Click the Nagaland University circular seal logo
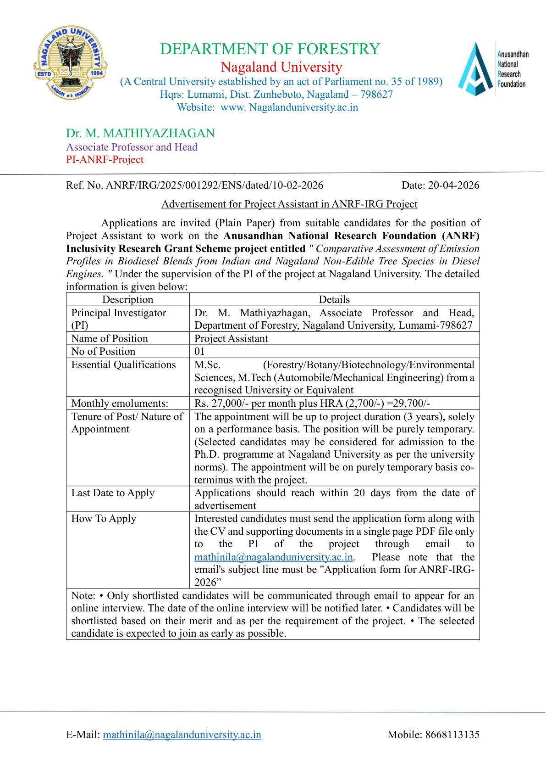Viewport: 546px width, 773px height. click(x=70, y=63)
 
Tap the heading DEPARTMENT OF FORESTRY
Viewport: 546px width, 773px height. click(x=270, y=49)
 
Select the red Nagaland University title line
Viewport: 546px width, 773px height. click(x=281, y=67)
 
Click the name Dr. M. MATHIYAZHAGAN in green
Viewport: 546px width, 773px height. click(x=140, y=133)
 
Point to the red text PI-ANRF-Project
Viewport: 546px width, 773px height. click(x=105, y=160)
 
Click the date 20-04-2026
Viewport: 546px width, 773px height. click(x=453, y=185)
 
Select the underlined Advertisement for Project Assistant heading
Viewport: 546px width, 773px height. click(x=289, y=204)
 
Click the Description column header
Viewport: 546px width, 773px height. click(x=127, y=299)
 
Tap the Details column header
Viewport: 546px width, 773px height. click(x=334, y=299)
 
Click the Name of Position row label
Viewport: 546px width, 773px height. click(x=110, y=338)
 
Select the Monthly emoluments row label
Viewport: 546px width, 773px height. click(x=120, y=403)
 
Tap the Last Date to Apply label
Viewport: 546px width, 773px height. click(x=113, y=493)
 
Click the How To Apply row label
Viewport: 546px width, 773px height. click(x=104, y=518)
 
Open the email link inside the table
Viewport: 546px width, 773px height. click(x=274, y=557)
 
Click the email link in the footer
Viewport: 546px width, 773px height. click(x=182, y=734)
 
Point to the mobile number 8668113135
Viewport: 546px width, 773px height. click(x=452, y=734)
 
